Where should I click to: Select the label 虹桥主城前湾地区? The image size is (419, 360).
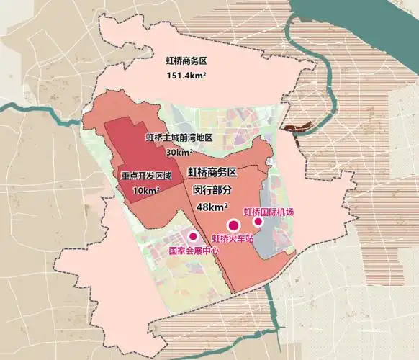click(179, 138)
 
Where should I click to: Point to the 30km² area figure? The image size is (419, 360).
click(179, 152)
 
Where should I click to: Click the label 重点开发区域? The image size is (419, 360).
click(146, 176)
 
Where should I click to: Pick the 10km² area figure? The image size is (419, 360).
click(146, 190)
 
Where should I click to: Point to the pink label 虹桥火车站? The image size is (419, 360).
click(235, 238)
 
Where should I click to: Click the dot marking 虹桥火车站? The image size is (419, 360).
click(233, 225)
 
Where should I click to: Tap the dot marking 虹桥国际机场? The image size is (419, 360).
click(258, 222)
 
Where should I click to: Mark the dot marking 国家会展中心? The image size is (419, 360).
click(193, 236)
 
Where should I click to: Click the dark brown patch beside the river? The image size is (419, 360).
click(297, 130)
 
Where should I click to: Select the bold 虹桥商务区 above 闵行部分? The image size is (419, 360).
click(213, 173)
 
